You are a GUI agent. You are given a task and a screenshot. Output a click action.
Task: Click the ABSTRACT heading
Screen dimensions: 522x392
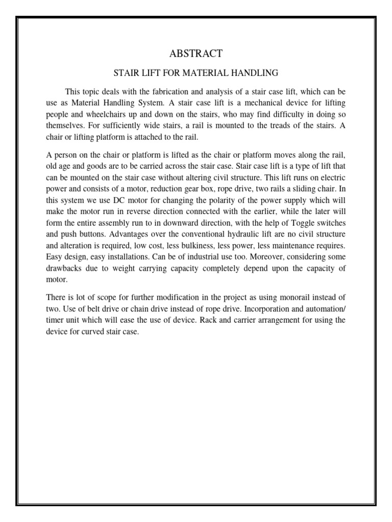pos(196,54)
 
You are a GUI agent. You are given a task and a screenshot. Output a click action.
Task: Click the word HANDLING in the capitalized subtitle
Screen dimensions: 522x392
pos(254,73)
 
